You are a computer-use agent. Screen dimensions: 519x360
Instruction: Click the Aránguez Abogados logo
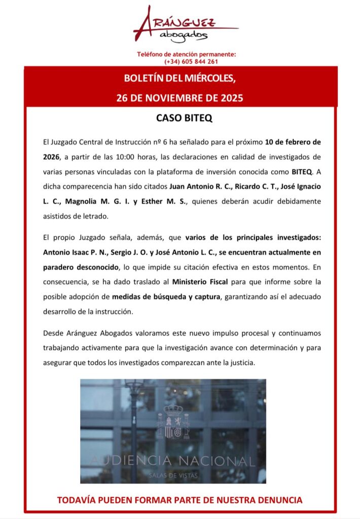pos(180,25)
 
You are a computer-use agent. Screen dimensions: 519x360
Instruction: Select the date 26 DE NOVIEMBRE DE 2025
pos(179,97)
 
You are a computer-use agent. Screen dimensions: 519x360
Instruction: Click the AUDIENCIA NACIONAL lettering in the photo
pos(173,461)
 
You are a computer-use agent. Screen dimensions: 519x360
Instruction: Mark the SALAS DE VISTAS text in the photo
pos(173,474)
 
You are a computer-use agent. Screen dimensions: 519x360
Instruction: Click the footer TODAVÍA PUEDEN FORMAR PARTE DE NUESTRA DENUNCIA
pos(179,500)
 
